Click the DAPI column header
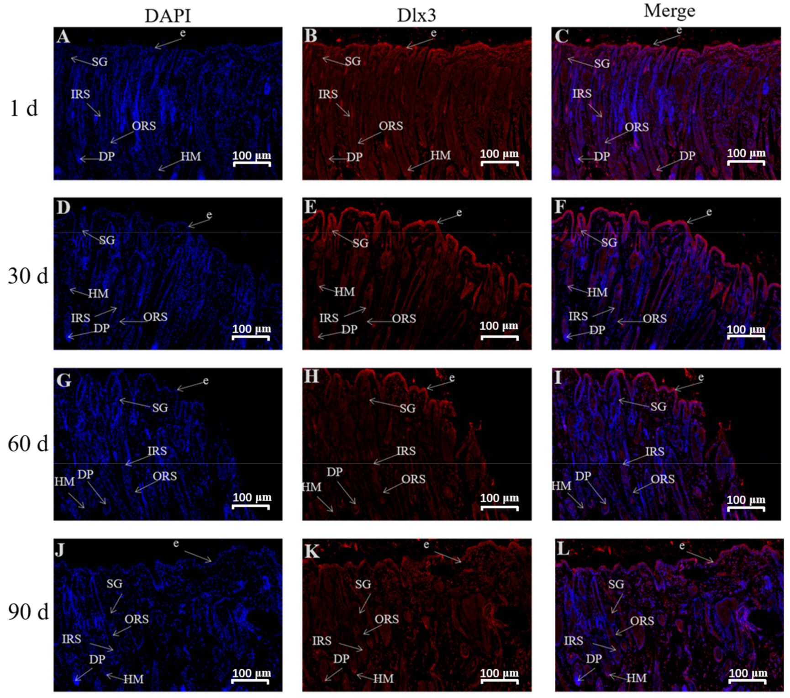168,16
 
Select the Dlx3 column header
416,16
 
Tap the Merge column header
669,11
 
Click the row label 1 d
24,109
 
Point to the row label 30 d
28,276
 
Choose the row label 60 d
28,444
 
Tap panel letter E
311,207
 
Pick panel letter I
558,378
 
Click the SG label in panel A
100,62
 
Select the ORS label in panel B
391,126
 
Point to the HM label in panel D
98,294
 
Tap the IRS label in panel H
406,451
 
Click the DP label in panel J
97,659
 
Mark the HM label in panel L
636,678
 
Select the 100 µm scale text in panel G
252,497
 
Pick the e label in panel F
709,212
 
